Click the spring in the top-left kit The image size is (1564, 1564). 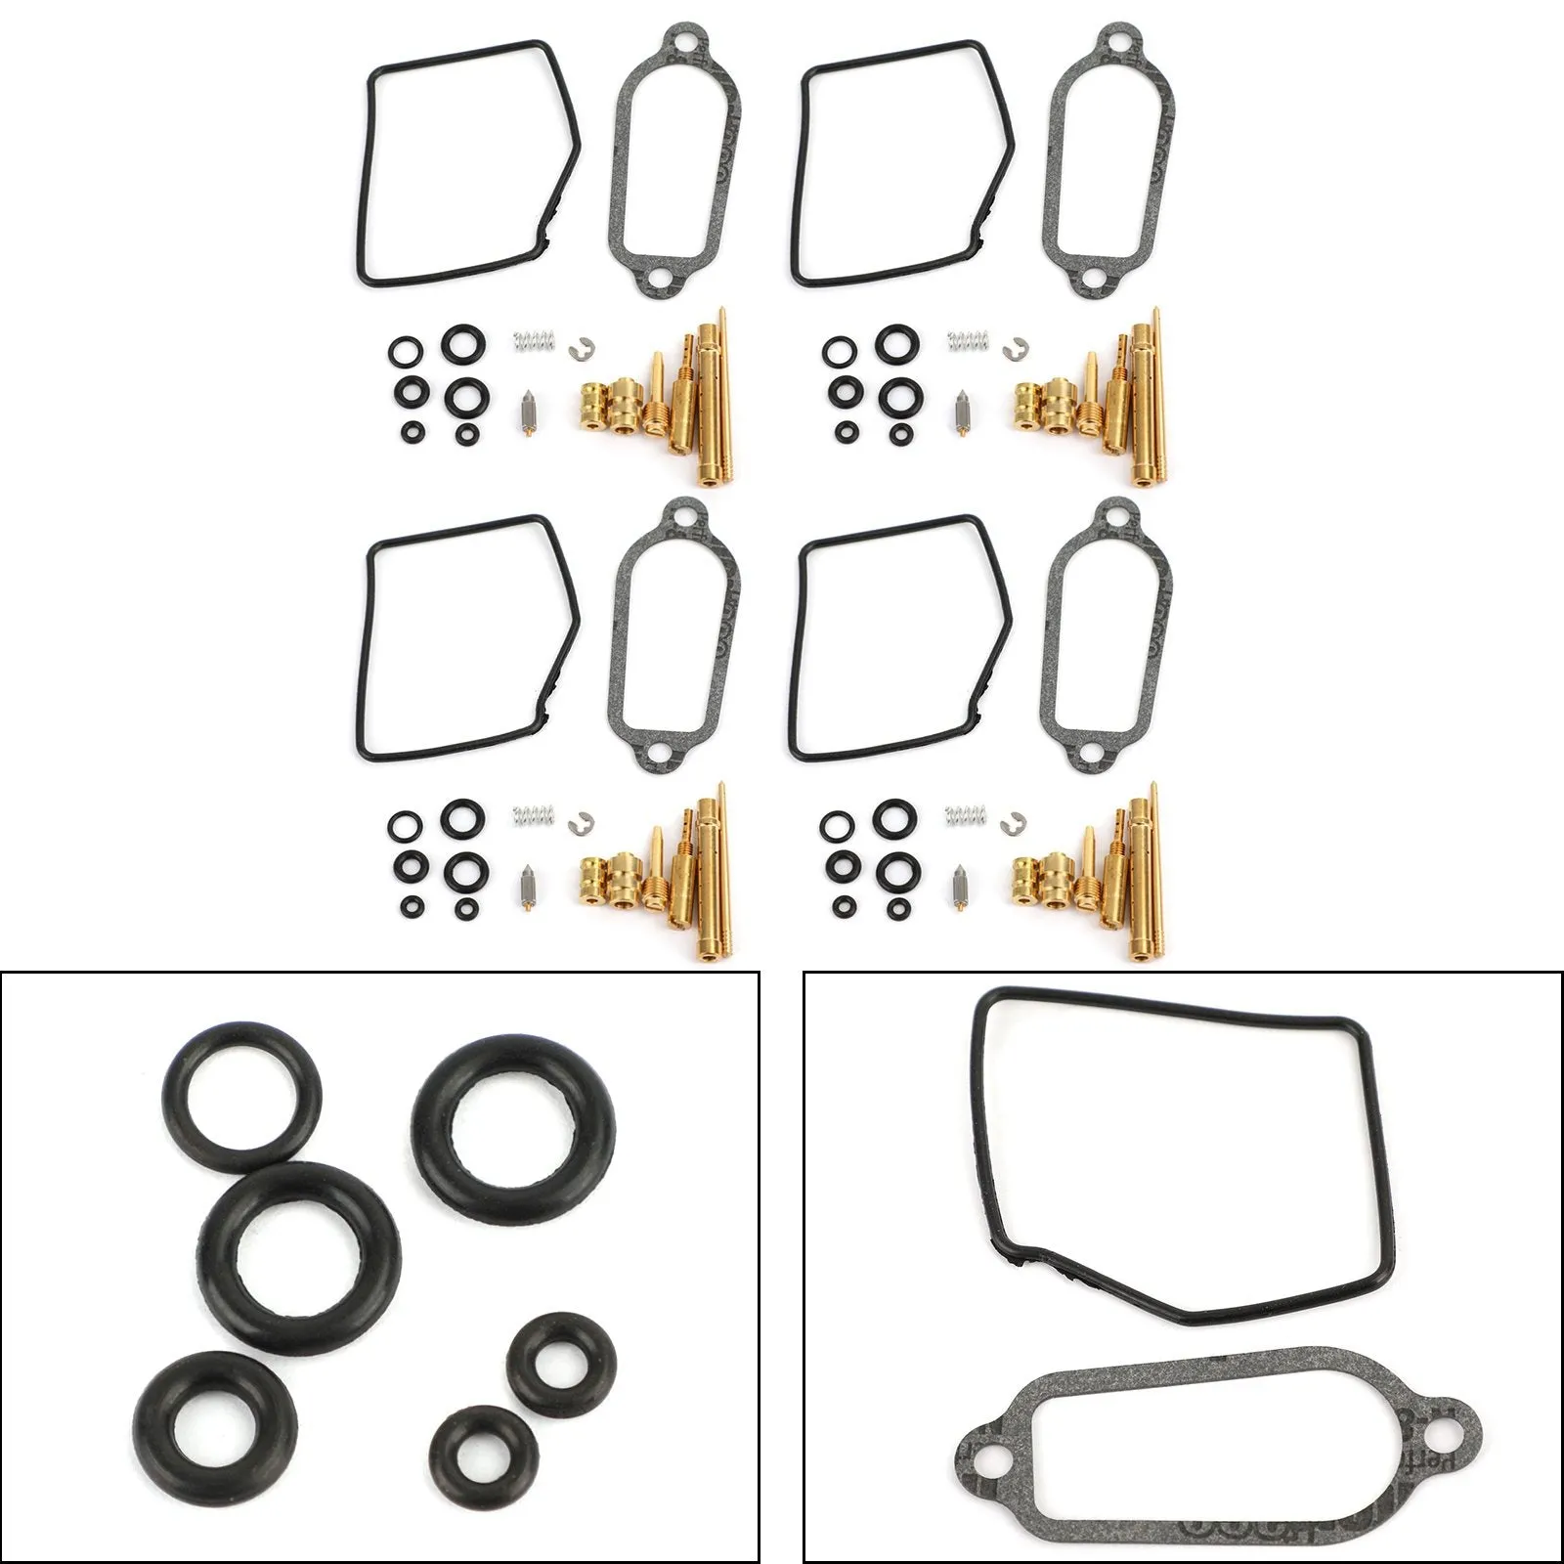coord(534,342)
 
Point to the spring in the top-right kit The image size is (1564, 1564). coord(967,342)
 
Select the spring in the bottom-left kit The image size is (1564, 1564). coord(534,813)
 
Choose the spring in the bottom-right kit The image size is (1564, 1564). coord(967,813)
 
